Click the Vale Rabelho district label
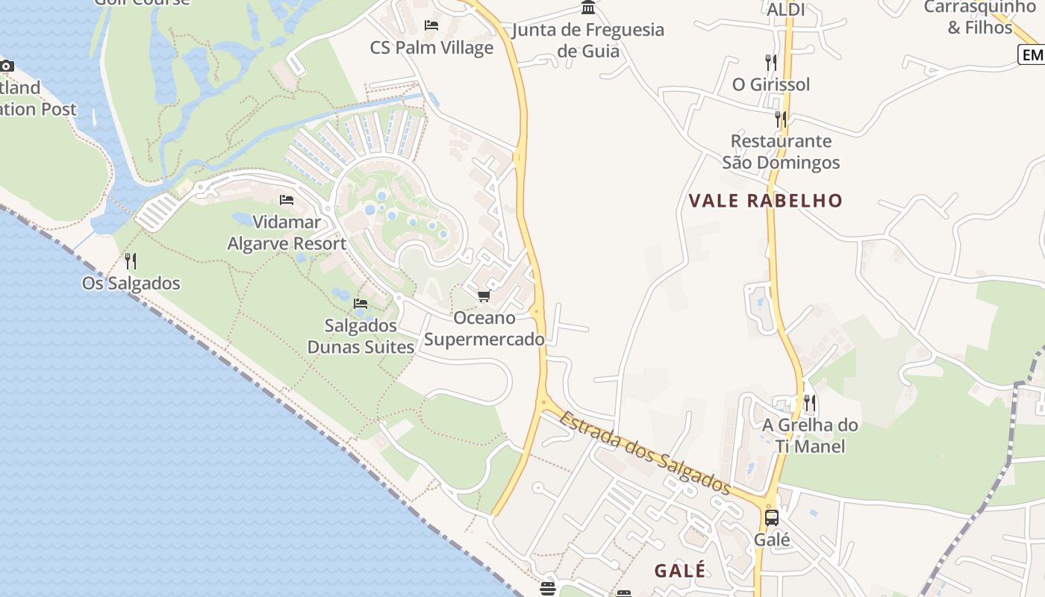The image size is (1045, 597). (765, 201)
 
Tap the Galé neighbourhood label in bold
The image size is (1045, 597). (679, 571)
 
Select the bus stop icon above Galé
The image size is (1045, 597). (772, 517)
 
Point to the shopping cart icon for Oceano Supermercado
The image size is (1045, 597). (484, 296)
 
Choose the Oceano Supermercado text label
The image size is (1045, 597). (484, 328)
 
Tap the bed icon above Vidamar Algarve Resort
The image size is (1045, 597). (286, 200)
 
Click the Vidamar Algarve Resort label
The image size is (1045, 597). (287, 233)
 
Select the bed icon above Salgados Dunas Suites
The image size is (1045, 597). (361, 304)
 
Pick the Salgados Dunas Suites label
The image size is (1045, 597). (361, 337)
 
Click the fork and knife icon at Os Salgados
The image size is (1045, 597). (131, 261)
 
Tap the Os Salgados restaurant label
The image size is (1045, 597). (131, 284)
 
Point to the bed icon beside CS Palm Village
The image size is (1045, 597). (431, 25)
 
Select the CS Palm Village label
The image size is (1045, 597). (431, 48)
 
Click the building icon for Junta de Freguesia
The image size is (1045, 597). (588, 8)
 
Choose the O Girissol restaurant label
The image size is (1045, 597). (771, 84)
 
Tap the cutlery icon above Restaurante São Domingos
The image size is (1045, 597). (781, 119)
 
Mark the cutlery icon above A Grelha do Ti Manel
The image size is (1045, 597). (810, 404)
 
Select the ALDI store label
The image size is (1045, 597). (786, 10)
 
